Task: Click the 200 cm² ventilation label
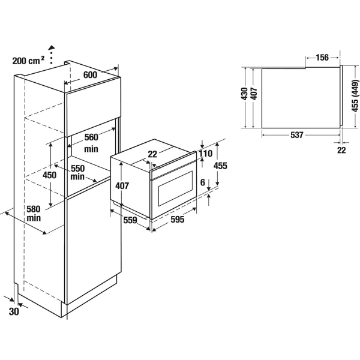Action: pyautogui.click(x=28, y=61)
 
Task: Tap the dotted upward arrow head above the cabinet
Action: pyautogui.click(x=52, y=47)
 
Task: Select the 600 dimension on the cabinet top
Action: pyautogui.click(x=90, y=75)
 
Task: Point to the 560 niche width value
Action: pyautogui.click(x=91, y=137)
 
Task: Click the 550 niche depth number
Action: pyautogui.click(x=77, y=168)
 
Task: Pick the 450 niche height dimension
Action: pyautogui.click(x=49, y=175)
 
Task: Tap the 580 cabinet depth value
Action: pyautogui.click(x=34, y=209)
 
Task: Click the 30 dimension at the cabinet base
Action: pyautogui.click(x=14, y=311)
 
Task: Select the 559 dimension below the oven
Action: pyautogui.click(x=130, y=220)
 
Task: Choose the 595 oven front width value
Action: pyautogui.click(x=178, y=220)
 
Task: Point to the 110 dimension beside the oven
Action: pyautogui.click(x=205, y=154)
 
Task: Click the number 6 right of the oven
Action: pyautogui.click(x=203, y=182)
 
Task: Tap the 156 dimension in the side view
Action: pyautogui.click(x=322, y=58)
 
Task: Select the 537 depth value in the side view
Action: pyautogui.click(x=297, y=135)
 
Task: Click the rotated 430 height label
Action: pyautogui.click(x=244, y=94)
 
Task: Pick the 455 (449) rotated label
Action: pyautogui.click(x=355, y=96)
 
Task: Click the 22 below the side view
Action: pyautogui.click(x=341, y=150)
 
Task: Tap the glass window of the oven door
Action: pyautogui.click(x=175, y=188)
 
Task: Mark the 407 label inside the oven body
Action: pyautogui.click(x=122, y=185)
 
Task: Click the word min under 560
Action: pyautogui.click(x=91, y=149)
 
